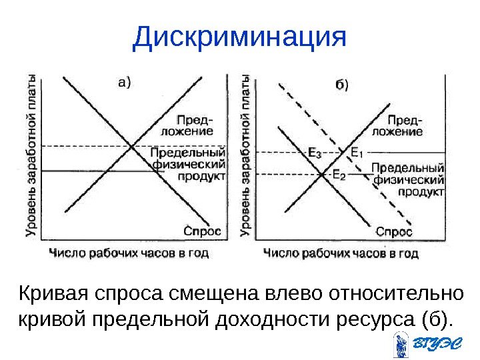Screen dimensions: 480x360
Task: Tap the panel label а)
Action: [x=124, y=83]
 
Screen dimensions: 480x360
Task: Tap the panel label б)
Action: [x=341, y=85]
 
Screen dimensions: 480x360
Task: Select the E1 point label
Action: [x=356, y=152]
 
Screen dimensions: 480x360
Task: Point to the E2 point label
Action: [x=339, y=175]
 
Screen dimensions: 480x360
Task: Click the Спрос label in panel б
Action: [x=394, y=231]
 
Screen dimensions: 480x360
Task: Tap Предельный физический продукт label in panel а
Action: [x=189, y=164]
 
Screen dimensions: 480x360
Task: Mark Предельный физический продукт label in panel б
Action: [x=408, y=179]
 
